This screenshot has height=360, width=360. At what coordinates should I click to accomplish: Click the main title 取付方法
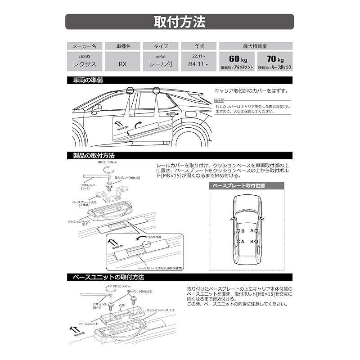180,22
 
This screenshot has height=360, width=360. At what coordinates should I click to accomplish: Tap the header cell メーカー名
85,46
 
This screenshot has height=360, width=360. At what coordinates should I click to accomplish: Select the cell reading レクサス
85,63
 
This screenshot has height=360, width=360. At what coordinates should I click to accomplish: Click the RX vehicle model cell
122,64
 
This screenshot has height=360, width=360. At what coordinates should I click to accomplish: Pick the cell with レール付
161,63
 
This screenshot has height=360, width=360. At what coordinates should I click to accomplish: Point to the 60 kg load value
237,59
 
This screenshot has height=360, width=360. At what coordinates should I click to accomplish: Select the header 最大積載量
256,46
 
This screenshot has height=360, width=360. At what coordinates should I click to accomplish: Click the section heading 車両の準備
88,80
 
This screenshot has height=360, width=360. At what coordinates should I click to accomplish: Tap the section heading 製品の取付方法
94,155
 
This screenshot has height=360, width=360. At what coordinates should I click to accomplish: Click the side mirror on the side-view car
96,109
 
